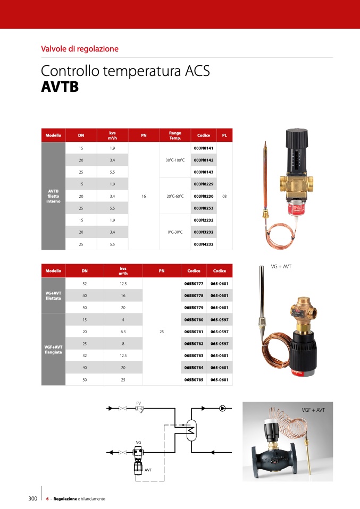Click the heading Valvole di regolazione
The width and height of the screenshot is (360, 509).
click(x=79, y=49)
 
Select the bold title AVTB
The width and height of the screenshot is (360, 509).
click(x=60, y=87)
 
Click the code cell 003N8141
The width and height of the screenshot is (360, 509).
click(x=203, y=148)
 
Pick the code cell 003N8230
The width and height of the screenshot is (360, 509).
click(x=203, y=196)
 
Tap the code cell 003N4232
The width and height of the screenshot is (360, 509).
click(x=203, y=244)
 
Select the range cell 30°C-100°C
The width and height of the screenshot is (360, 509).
click(x=175, y=160)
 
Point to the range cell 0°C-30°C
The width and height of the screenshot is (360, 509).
click(x=175, y=232)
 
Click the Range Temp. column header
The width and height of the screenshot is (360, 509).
click(x=175, y=135)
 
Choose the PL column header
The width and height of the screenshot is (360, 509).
click(x=224, y=135)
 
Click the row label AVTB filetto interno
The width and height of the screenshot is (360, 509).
click(x=53, y=196)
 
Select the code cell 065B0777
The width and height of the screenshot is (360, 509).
click(x=194, y=284)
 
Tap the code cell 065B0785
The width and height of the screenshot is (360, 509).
click(x=194, y=380)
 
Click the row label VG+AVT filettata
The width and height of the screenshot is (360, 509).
click(x=53, y=295)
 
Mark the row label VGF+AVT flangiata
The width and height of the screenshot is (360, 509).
click(x=53, y=350)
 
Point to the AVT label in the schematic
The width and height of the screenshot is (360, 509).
click(x=148, y=470)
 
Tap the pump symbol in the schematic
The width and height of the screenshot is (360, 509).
click(x=222, y=408)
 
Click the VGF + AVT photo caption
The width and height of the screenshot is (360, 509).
click(x=313, y=410)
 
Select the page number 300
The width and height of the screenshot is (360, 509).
click(x=32, y=499)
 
